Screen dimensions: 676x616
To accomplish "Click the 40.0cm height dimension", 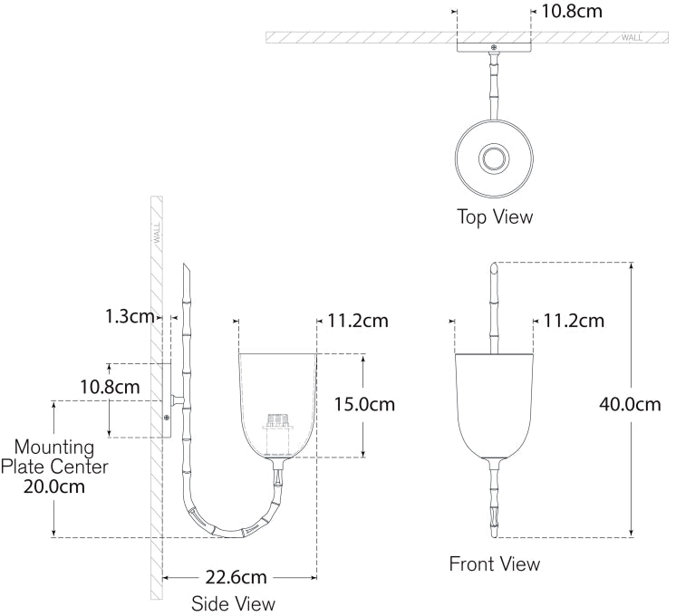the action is pyautogui.click(x=630, y=404).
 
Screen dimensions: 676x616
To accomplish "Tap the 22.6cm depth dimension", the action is pyautogui.click(x=236, y=577).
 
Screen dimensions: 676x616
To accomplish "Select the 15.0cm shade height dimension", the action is pyautogui.click(x=364, y=404).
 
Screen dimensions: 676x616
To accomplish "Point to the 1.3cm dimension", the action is pyautogui.click(x=130, y=317).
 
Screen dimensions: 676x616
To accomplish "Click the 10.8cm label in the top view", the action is pyautogui.click(x=571, y=11).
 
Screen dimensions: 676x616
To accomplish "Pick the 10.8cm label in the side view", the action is pyautogui.click(x=110, y=387).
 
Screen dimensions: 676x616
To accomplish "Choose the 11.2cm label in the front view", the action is pyautogui.click(x=574, y=322).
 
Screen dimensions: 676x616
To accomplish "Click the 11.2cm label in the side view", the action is pyautogui.click(x=358, y=322).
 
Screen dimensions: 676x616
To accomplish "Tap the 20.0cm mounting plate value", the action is pyautogui.click(x=54, y=487).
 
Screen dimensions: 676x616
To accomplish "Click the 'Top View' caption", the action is pyautogui.click(x=495, y=217).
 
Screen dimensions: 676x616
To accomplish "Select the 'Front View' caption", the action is pyautogui.click(x=495, y=564).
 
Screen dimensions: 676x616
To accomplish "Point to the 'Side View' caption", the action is pyautogui.click(x=233, y=604).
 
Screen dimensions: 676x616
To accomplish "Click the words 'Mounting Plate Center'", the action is pyautogui.click(x=54, y=457).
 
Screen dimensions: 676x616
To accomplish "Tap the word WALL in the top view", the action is pyautogui.click(x=632, y=38).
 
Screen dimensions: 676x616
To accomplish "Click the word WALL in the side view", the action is pyautogui.click(x=157, y=232).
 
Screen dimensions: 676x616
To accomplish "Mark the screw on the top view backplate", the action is pyautogui.click(x=494, y=47).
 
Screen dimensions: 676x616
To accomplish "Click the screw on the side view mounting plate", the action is pyautogui.click(x=167, y=418).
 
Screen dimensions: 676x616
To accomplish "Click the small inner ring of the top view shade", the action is pyautogui.click(x=494, y=159).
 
